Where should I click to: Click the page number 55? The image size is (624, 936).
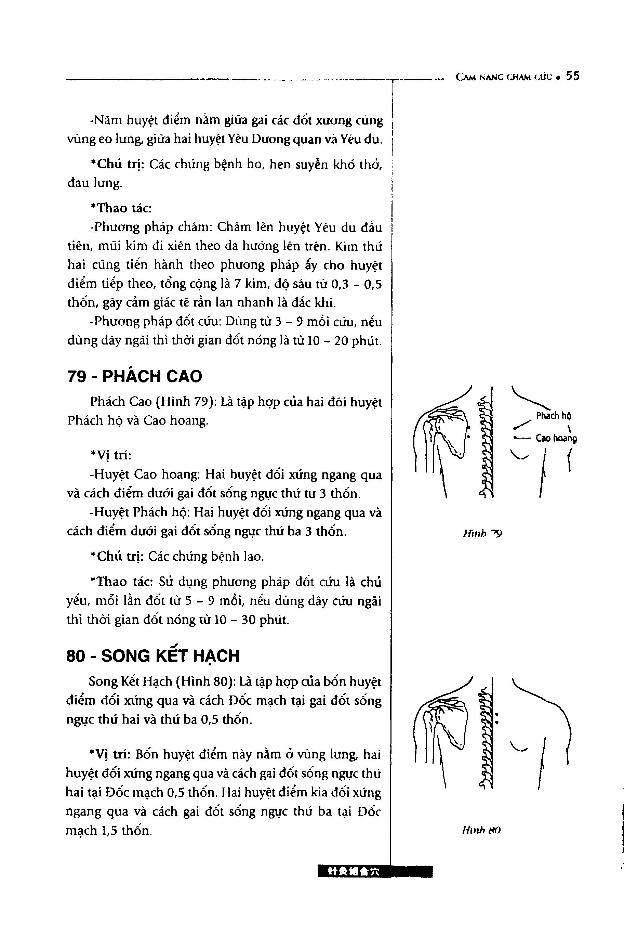click(573, 76)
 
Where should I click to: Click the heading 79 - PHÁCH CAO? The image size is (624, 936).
click(134, 376)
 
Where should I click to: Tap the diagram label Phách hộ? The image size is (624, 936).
click(554, 416)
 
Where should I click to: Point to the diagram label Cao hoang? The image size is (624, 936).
click(556, 438)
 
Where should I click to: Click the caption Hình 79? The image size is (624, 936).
click(482, 533)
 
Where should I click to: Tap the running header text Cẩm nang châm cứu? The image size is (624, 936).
click(505, 77)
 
